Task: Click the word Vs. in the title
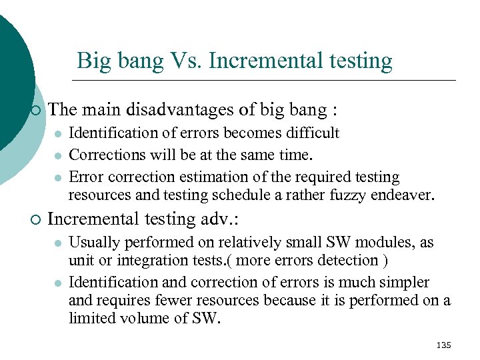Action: click(x=185, y=61)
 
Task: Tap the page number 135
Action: click(x=443, y=345)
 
